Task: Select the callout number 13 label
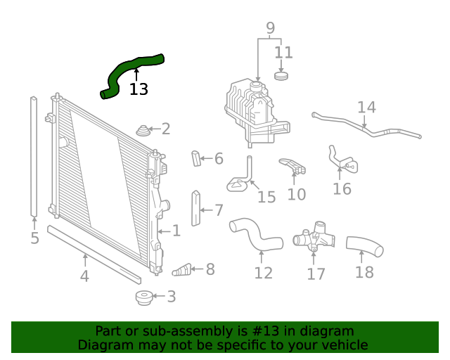pos(139,89)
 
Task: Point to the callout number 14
pos(366,108)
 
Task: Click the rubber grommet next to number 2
pos(143,130)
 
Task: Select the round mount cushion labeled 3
pos(143,297)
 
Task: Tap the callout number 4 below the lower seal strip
pos(84,276)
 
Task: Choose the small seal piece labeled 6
pos(196,159)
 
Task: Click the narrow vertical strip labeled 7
pos(196,209)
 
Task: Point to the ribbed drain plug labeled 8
pos(181,269)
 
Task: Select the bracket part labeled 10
pos(293,166)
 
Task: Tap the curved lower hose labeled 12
pos(256,236)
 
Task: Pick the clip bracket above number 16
pos(340,160)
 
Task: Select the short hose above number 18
pos(364,246)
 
